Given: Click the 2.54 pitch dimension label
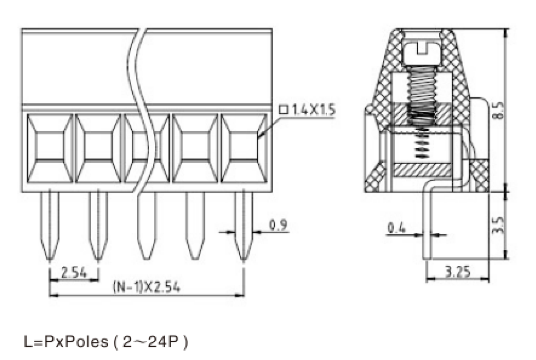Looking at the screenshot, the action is coord(74,272).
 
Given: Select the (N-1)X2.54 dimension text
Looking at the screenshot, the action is coord(146,287).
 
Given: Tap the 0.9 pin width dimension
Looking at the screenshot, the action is coord(278,225).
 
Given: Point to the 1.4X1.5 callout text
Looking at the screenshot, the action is coord(314,110).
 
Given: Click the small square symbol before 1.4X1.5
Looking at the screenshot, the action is coord(284,110).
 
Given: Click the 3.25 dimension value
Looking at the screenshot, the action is coord(457,271).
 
